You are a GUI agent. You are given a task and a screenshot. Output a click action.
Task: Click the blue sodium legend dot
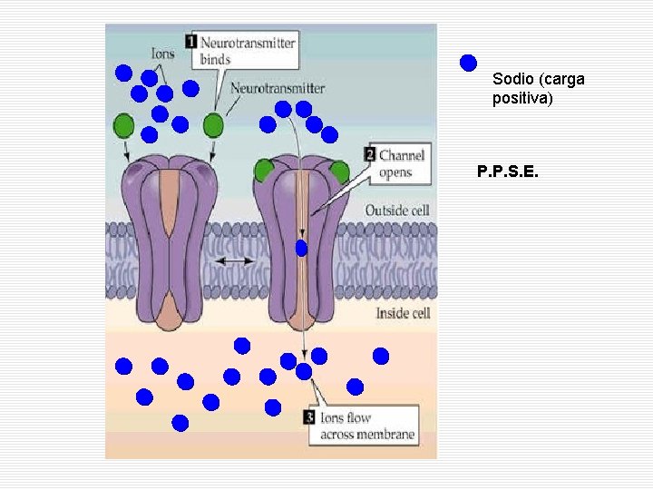click(468, 63)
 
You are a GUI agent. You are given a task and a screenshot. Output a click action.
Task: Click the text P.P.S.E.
click(508, 171)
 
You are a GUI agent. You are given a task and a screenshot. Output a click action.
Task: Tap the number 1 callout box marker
click(190, 42)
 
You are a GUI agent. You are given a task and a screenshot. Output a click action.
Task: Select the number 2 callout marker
click(370, 154)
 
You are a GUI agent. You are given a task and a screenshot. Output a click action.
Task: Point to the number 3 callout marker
click(309, 417)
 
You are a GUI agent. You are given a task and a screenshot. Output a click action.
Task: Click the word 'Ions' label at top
click(163, 54)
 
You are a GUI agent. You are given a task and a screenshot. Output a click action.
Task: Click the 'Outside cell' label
click(397, 211)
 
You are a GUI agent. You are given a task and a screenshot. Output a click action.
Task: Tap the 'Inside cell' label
click(403, 313)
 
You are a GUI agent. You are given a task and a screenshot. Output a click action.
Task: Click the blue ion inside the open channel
click(301, 249)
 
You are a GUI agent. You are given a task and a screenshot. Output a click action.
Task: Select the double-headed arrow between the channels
click(235, 261)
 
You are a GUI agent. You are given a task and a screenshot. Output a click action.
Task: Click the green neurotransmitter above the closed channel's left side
click(123, 125)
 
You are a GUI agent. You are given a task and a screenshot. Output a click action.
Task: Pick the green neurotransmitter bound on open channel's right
click(340, 171)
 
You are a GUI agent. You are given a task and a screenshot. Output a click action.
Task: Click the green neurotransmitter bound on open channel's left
click(264, 171)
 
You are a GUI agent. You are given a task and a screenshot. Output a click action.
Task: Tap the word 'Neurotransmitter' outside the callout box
click(278, 88)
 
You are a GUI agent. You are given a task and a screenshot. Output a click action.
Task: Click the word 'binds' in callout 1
click(215, 60)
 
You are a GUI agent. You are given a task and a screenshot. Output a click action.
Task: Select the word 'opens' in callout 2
click(395, 172)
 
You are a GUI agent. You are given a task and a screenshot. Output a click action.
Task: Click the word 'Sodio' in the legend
click(513, 79)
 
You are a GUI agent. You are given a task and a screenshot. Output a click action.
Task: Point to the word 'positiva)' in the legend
click(522, 98)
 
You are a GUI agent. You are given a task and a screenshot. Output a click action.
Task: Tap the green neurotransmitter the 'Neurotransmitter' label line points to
click(213, 124)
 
